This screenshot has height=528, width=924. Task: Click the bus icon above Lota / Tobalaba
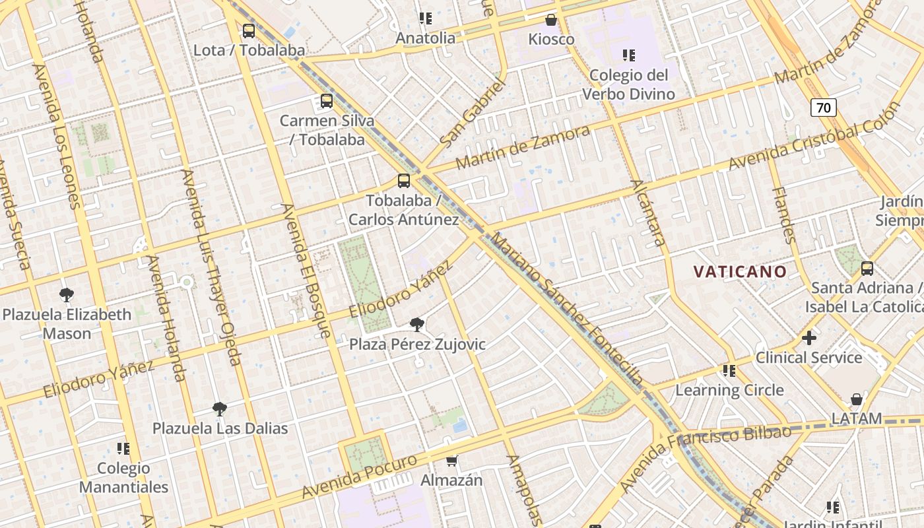(249, 30)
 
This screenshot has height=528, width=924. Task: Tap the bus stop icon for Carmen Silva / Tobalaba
(326, 101)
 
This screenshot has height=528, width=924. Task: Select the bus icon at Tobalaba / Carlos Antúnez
(403, 181)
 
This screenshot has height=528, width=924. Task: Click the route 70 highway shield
(824, 107)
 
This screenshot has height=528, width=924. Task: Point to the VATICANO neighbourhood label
(740, 271)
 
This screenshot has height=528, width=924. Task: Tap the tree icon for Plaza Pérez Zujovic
(416, 324)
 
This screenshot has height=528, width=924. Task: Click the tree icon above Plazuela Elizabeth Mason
(66, 294)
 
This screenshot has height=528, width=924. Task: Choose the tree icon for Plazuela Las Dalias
(220, 409)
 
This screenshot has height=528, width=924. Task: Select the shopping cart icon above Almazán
(452, 461)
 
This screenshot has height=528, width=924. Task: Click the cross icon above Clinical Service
(808, 338)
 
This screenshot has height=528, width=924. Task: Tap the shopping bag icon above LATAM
(856, 399)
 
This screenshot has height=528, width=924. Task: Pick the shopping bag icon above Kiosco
(551, 20)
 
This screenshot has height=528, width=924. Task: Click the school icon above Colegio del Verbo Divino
(628, 55)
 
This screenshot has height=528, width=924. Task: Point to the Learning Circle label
(729, 390)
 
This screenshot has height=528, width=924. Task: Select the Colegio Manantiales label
(123, 478)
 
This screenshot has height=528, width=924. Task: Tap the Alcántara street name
(649, 213)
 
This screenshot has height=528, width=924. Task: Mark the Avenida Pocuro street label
(360, 477)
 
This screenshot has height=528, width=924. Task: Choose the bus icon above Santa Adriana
(867, 269)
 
